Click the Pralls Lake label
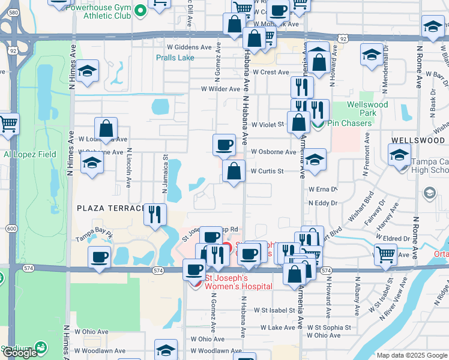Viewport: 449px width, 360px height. click(175, 58)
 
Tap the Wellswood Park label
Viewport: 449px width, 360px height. click(367, 109)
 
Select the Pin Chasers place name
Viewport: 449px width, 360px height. click(350, 123)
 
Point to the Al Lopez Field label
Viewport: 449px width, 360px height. click(29, 154)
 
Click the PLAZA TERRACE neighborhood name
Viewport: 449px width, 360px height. click(111, 208)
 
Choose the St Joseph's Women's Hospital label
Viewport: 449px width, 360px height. click(239, 281)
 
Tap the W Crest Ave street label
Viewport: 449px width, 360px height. click(271, 72)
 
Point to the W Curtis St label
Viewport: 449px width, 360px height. click(267, 171)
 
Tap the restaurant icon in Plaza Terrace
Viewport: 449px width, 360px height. click(155, 214)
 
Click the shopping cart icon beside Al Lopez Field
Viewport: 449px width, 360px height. click(8, 124)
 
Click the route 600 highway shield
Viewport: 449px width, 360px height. click(11, 229)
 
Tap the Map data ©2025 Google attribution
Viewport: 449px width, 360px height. click(412, 355)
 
